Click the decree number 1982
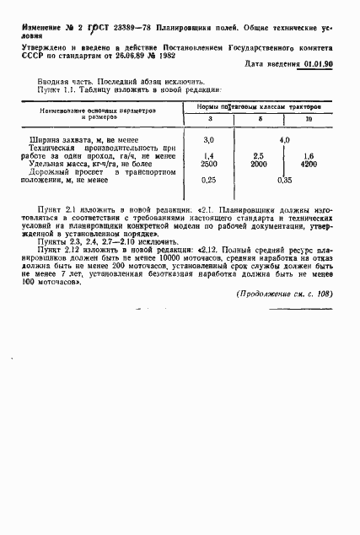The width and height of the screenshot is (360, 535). (201, 50)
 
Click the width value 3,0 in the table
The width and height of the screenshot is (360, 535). (210, 138)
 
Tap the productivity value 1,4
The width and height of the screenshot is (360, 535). (210, 157)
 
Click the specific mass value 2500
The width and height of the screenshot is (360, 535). (210, 165)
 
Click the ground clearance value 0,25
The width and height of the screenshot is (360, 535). (210, 180)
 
